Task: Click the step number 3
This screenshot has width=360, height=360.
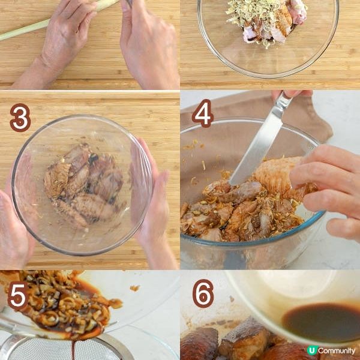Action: [20, 118]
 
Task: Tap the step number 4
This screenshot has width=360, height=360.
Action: [203, 113]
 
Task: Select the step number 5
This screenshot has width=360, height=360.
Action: [18, 296]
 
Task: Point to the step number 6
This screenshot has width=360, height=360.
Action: [203, 293]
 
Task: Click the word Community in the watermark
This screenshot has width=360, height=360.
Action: [337, 350]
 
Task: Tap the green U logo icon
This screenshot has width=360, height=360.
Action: [312, 350]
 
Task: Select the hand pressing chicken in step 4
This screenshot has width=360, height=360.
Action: [326, 191]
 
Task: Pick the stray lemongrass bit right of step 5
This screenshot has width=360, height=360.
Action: [135, 287]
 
